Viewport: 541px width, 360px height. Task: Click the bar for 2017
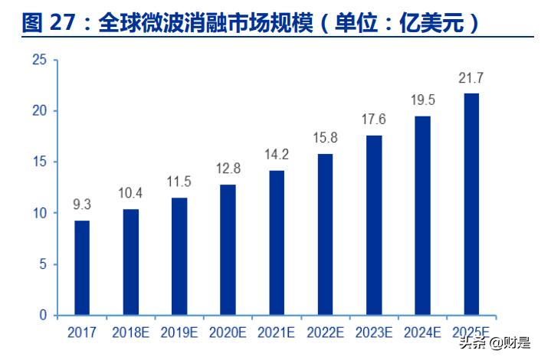point(82,267)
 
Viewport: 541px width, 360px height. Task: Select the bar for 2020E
point(228,250)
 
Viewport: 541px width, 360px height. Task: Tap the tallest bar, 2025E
point(471,204)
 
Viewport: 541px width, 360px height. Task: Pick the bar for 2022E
point(325,234)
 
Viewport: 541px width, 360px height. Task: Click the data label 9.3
point(82,205)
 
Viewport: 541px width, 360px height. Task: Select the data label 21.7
point(471,78)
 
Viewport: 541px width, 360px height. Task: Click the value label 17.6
point(374,120)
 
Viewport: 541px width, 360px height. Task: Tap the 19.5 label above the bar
point(422,100)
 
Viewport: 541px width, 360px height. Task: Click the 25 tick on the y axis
point(41,60)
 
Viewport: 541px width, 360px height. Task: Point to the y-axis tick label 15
point(41,162)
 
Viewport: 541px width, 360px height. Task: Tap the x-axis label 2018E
point(130,332)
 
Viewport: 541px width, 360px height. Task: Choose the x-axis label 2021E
point(277,332)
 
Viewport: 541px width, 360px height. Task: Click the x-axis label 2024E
point(422,332)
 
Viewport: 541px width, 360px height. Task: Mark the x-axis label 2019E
point(179,332)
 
